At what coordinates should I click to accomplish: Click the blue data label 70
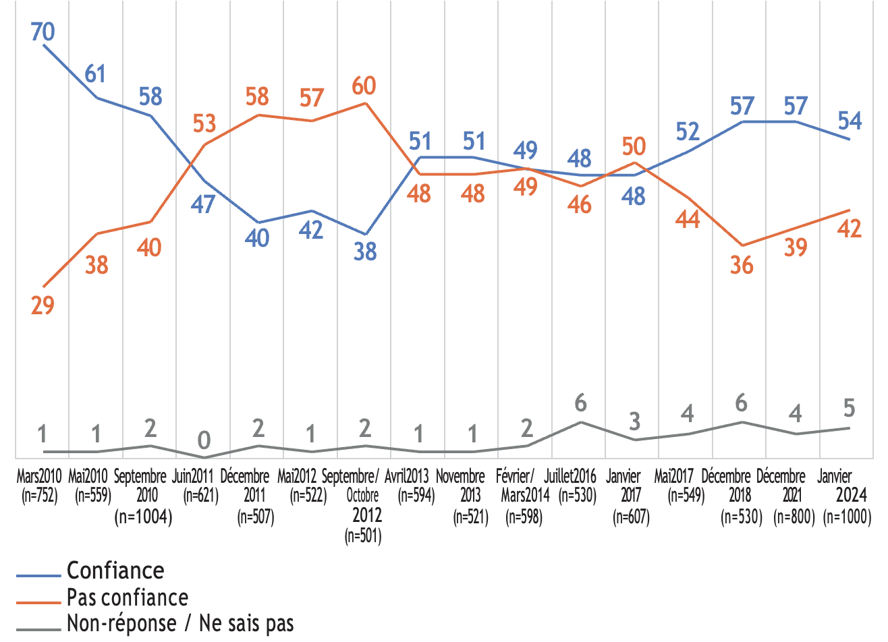(43, 31)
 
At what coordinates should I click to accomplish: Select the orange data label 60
(364, 86)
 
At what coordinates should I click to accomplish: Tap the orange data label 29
(43, 305)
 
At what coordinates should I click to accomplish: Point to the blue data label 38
(365, 252)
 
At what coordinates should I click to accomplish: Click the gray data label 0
(204, 441)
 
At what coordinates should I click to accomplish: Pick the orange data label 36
(742, 265)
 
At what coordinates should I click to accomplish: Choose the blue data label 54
(850, 121)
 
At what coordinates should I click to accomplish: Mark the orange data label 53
(204, 123)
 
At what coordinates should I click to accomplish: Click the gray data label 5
(850, 408)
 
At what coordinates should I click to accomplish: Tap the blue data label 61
(96, 74)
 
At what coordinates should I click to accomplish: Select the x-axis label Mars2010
(39, 476)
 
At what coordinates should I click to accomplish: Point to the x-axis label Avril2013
(407, 476)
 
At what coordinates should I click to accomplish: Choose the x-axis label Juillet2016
(570, 476)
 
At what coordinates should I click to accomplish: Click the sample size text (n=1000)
(848, 517)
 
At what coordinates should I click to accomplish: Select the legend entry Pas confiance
(128, 598)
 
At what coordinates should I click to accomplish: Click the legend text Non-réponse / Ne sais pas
(180, 624)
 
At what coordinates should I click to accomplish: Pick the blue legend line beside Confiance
(39, 575)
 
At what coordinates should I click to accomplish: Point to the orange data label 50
(634, 146)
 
